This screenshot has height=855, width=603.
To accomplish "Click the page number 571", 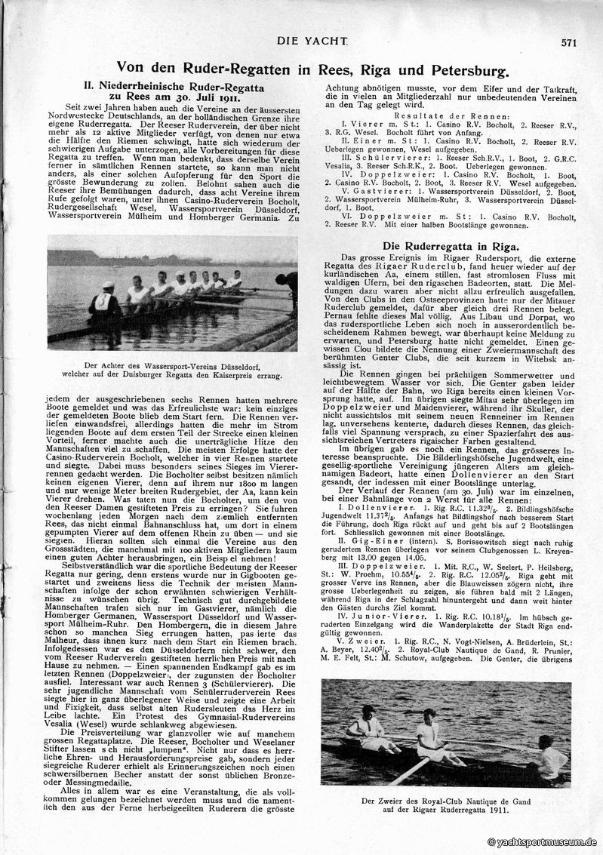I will tap(569, 43).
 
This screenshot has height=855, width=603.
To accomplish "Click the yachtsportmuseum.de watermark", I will tap(543, 841).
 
